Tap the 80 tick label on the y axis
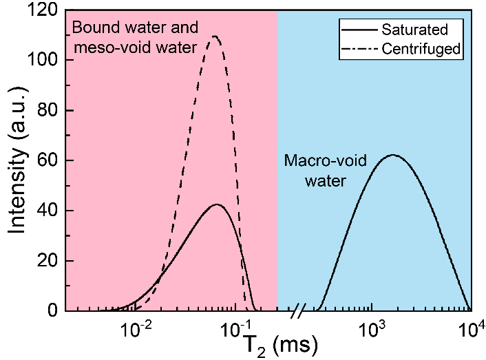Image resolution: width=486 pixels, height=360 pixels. [x=47, y=111]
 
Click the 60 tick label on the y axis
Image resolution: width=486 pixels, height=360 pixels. [x=47, y=161]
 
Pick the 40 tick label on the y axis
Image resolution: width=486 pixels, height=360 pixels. [x=47, y=211]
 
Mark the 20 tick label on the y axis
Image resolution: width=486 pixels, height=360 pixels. [x=47, y=261]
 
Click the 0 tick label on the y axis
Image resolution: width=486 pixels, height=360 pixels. [x=52, y=311]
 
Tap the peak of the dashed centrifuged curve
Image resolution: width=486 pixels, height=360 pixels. [x=215, y=36]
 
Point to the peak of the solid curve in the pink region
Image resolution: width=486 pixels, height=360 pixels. [x=216, y=204]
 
